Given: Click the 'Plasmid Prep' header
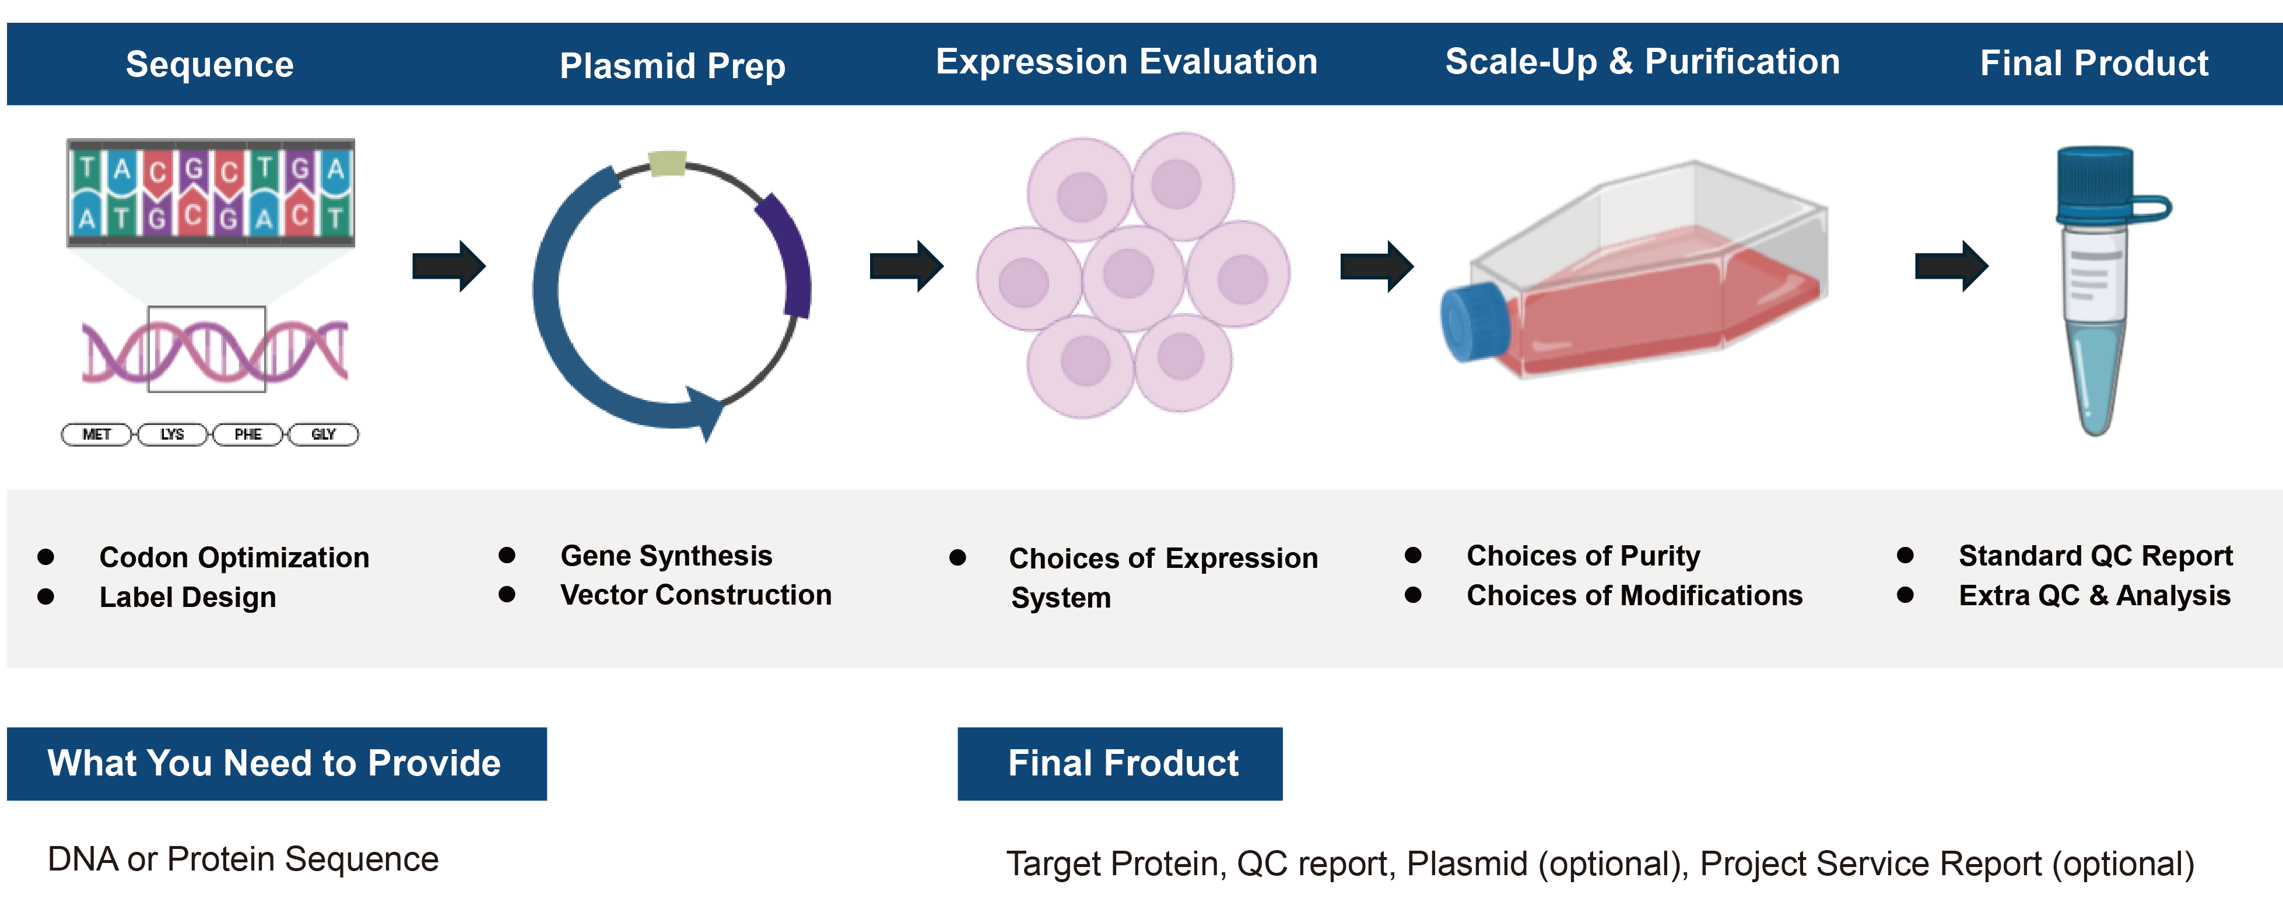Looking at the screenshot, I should point(672,65).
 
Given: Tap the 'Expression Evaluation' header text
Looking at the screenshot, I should point(1127,62).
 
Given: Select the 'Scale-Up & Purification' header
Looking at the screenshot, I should point(1642,62).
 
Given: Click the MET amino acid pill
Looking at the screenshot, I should point(97,434).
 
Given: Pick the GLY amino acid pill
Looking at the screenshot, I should point(324,434).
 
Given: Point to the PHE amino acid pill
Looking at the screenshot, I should point(248,434).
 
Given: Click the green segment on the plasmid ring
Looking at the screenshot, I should point(667,164).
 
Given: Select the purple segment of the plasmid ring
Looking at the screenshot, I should point(789,257).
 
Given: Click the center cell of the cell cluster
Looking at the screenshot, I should point(1131,276).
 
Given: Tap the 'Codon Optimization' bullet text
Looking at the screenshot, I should point(234,557).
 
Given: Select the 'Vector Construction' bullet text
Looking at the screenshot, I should point(696,595).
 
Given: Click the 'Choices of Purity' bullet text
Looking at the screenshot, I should point(1583,556).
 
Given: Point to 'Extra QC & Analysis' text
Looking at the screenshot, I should point(2094,595).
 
